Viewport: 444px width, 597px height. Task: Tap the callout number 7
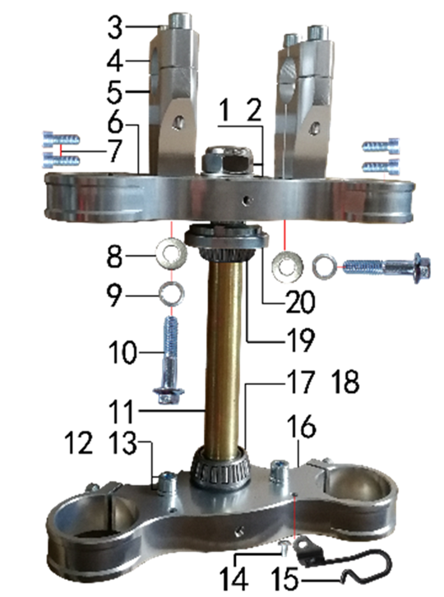click(113, 151)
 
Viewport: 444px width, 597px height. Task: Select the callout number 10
click(123, 352)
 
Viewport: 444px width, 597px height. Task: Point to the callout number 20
click(300, 302)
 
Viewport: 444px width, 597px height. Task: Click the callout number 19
click(300, 340)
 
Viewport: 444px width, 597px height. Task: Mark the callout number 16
click(301, 427)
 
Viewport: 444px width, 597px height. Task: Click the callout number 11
click(121, 412)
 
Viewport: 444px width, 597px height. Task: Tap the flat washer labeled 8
click(172, 252)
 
